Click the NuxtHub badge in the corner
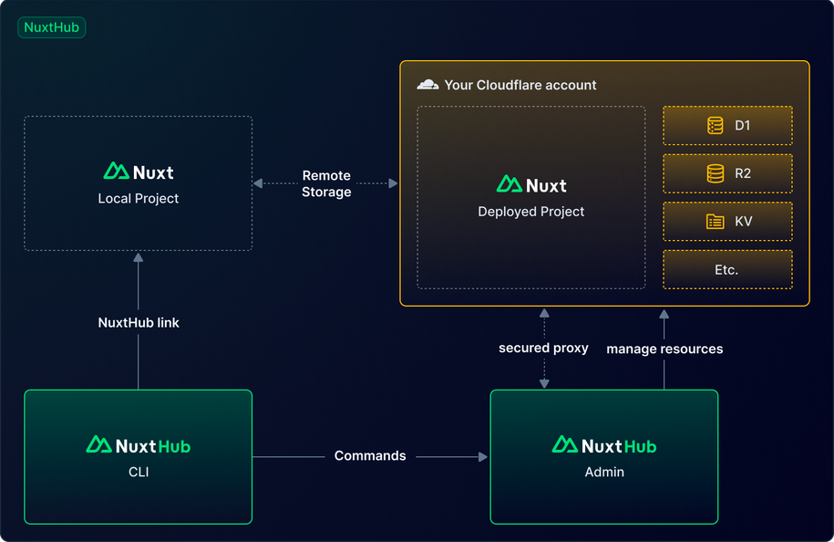[x=51, y=27]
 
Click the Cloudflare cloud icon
[x=427, y=85]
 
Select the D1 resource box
[x=727, y=125]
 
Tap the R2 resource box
[x=727, y=173]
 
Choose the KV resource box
[x=727, y=221]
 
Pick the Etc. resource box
[x=727, y=269]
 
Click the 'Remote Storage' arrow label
[x=326, y=183]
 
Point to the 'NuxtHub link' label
[x=139, y=322]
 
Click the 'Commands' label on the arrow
[x=370, y=455]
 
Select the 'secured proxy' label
[x=543, y=348]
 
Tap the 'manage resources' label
[x=664, y=349]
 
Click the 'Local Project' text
[x=139, y=198]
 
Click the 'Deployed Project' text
[x=531, y=211]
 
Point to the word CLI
[x=139, y=472]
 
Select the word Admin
[x=604, y=472]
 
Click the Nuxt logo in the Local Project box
[x=139, y=171]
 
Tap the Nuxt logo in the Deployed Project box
[x=531, y=184]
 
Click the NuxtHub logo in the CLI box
[x=139, y=445]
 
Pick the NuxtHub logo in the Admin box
[x=604, y=445]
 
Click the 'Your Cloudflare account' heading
[x=520, y=85]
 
